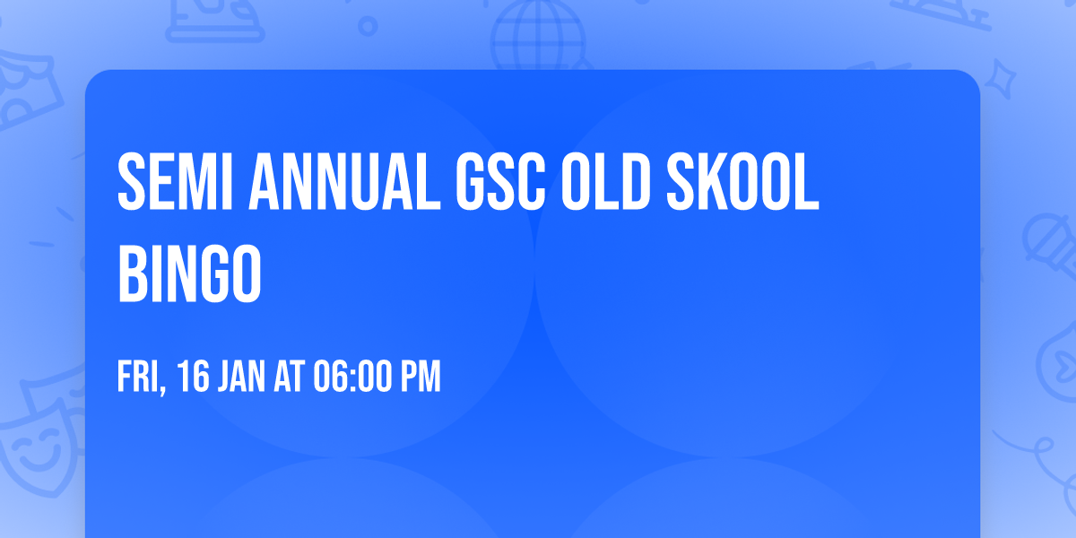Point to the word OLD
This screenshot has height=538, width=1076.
613,183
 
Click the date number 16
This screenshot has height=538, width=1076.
194,377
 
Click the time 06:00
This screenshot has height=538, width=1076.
353,377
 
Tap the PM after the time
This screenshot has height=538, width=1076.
420,377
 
